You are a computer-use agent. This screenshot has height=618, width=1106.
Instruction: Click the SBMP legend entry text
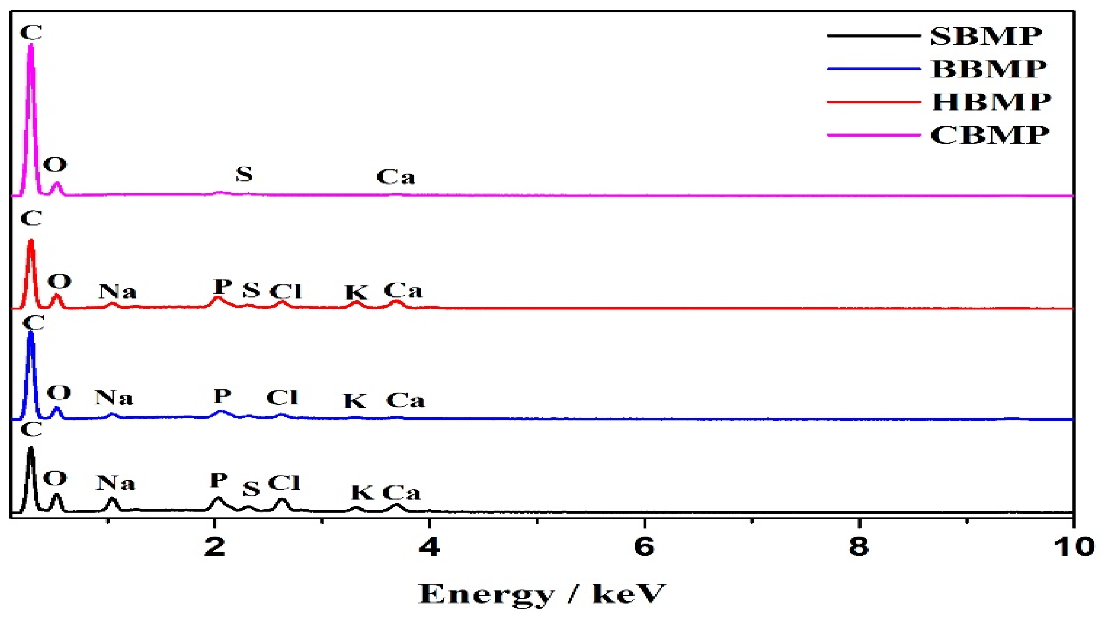pyautogui.click(x=986, y=36)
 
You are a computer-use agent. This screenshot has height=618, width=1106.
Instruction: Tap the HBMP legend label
pyautogui.click(x=991, y=102)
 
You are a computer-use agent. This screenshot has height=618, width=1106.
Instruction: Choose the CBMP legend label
pyautogui.click(x=989, y=135)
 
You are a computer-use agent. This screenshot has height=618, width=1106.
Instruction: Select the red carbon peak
pyautogui.click(x=31, y=251)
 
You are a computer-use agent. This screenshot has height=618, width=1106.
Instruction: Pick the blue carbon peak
pyautogui.click(x=31, y=345)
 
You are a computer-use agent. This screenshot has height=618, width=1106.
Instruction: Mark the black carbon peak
pyautogui.click(x=31, y=457)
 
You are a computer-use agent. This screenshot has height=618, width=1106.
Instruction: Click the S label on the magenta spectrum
pyautogui.click(x=244, y=174)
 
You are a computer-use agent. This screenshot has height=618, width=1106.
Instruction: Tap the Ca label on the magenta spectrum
pyautogui.click(x=396, y=177)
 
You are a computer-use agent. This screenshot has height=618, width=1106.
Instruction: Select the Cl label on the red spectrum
pyautogui.click(x=286, y=292)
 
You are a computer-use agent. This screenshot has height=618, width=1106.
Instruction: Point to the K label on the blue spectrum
pyautogui.click(x=355, y=401)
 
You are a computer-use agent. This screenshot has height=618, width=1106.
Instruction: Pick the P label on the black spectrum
pyautogui.click(x=219, y=481)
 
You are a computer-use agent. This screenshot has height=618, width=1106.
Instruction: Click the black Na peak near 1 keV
pyautogui.click(x=112, y=501)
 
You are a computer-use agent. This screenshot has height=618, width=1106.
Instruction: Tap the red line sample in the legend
pyautogui.click(x=873, y=102)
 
